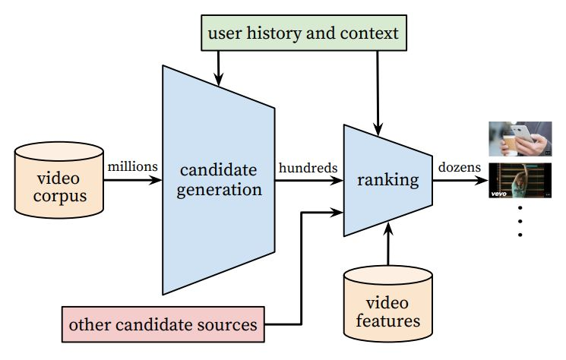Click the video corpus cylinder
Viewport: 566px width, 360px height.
click(x=59, y=179)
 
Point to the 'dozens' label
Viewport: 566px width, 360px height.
click(x=458, y=167)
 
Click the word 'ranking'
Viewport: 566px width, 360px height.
click(x=388, y=180)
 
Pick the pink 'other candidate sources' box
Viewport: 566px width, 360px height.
click(x=163, y=325)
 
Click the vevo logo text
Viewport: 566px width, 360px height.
click(x=501, y=194)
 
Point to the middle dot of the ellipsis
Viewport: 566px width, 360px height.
click(x=520, y=221)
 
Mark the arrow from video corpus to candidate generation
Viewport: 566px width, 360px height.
click(x=134, y=181)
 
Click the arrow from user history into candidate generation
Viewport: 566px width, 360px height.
click(x=219, y=67)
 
